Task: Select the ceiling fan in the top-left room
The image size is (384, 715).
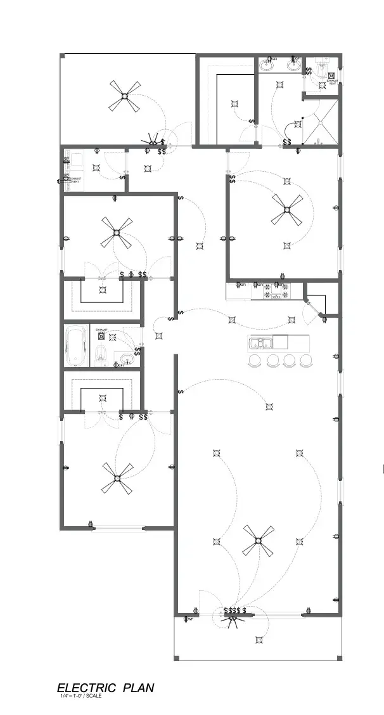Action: [x=124, y=96]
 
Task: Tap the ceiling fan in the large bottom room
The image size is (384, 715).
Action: [x=258, y=541]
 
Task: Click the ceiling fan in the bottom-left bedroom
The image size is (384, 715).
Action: [x=117, y=478]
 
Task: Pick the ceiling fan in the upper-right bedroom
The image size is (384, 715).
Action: [x=287, y=210]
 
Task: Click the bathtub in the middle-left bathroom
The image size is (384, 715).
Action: [x=75, y=345]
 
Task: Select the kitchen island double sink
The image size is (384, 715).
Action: [x=260, y=343]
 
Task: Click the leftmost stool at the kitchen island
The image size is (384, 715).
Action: [x=255, y=360]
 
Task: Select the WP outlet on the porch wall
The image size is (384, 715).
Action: [x=188, y=618]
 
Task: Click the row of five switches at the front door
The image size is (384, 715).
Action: [x=234, y=610]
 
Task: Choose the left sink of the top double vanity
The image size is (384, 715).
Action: [x=267, y=65]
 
